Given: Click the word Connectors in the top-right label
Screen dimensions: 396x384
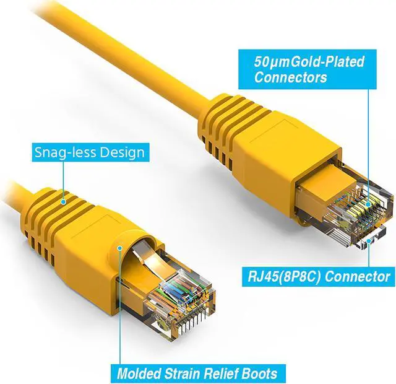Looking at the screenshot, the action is point(291,78).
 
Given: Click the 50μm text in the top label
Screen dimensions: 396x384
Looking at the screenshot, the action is point(269,62).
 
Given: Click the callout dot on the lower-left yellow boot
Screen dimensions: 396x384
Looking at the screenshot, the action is point(119,248).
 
